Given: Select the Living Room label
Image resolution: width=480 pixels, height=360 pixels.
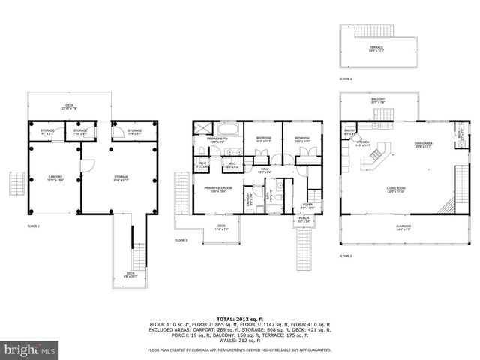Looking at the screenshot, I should coord(397,190).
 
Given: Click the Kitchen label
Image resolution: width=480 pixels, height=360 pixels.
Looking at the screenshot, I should coord(363,143).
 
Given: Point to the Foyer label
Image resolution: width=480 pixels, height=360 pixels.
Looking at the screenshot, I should coord(307,204).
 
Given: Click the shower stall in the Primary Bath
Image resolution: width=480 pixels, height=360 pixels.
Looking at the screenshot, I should coord(199,129).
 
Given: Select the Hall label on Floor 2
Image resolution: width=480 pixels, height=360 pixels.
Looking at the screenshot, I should coord(264,169).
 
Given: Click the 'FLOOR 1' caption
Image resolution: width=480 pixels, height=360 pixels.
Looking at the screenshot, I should coord(33,226).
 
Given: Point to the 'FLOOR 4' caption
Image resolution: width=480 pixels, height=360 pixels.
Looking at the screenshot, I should coord(345,79).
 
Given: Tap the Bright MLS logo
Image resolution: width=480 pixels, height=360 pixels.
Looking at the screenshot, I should coord(30,349).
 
